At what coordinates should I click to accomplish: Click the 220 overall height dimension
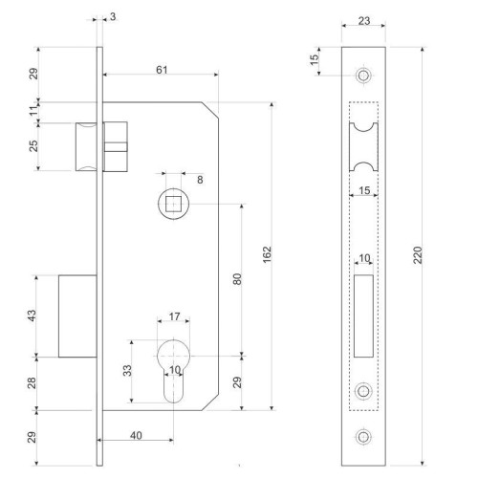pyautogui.click(x=418, y=255)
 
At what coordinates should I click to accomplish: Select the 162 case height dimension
pyautogui.click(x=267, y=254)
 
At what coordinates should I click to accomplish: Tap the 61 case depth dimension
pyautogui.click(x=162, y=70)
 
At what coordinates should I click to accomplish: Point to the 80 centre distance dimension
pyautogui.click(x=237, y=279)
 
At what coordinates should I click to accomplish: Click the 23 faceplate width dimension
pyautogui.click(x=364, y=21)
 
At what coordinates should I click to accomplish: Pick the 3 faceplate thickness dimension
pyautogui.click(x=113, y=16)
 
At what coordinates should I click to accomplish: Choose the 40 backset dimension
pyautogui.click(x=136, y=435)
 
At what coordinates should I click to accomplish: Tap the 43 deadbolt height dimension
pyautogui.click(x=33, y=315)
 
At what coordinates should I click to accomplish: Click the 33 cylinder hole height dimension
pyautogui.click(x=127, y=371)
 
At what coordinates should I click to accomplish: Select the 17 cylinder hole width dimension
pyautogui.click(x=174, y=316)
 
